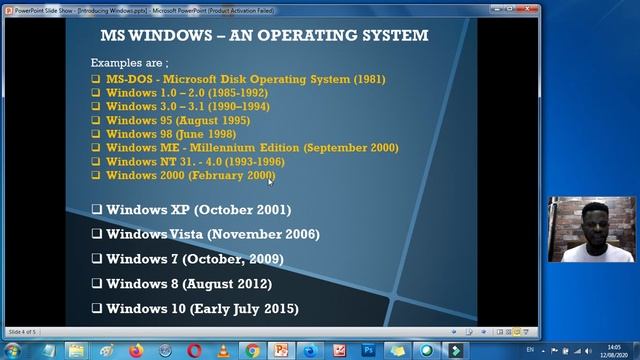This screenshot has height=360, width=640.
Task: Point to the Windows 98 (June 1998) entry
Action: tap(171, 134)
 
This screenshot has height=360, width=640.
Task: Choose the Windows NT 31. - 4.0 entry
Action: tap(195, 162)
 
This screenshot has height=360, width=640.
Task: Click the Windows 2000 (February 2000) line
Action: tap(189, 176)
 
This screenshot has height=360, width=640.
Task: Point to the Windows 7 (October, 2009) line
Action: tap(194, 259)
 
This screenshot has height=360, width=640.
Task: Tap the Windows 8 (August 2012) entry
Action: tap(189, 284)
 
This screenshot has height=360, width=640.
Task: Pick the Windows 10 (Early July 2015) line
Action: tap(201, 309)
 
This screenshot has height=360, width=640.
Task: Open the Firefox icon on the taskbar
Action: tap(137, 350)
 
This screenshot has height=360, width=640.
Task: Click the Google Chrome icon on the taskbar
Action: tap(253, 350)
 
